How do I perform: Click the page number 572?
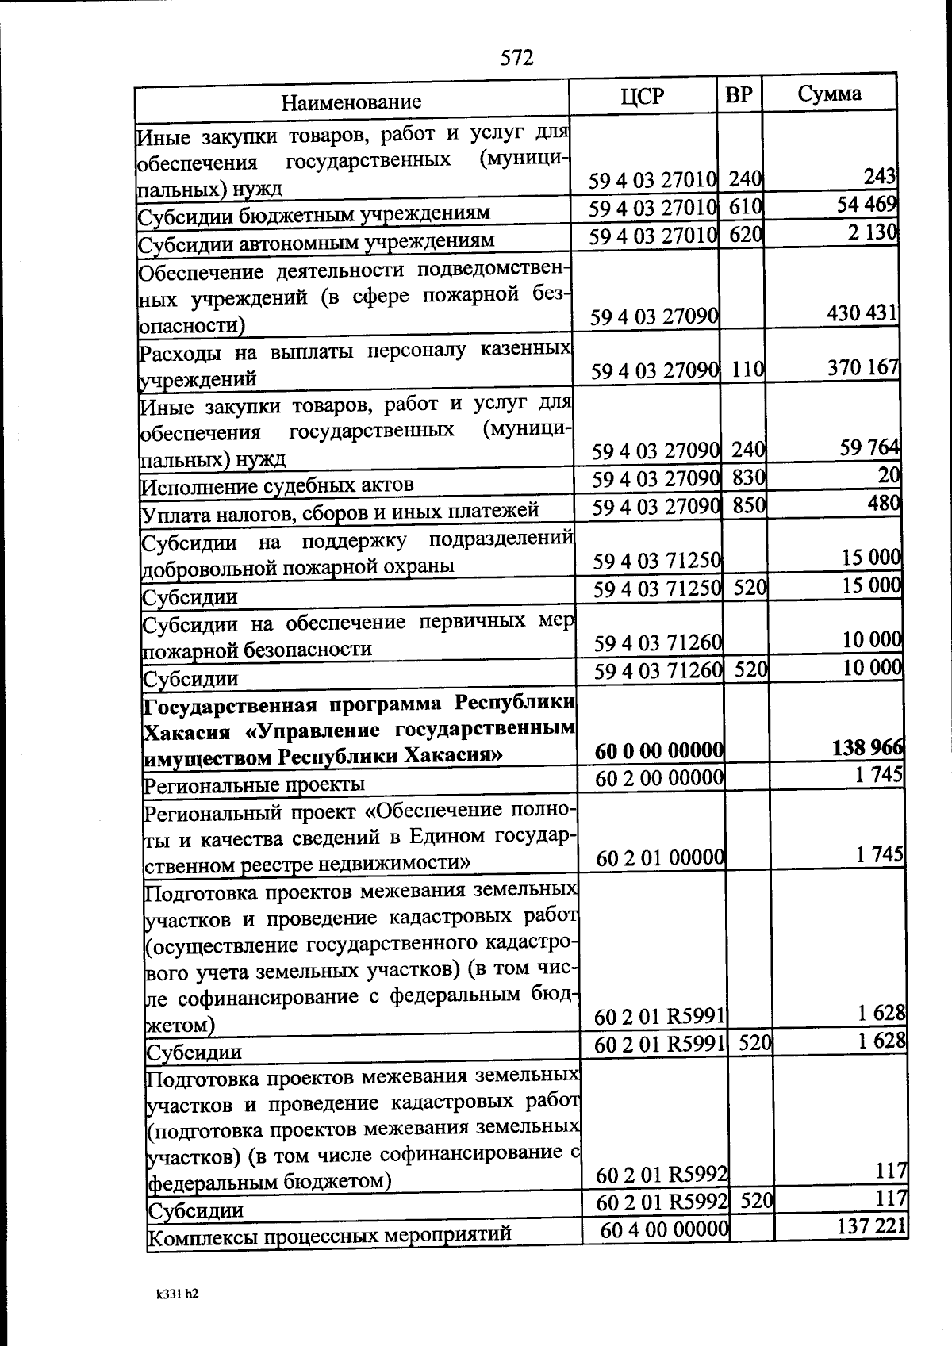pyautogui.click(x=516, y=58)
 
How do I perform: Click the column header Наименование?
pyautogui.click(x=351, y=102)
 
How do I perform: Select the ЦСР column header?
pyautogui.click(x=643, y=96)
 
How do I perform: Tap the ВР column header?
pyautogui.click(x=739, y=95)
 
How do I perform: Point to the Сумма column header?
pyautogui.click(x=829, y=94)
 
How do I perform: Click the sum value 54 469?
pyautogui.click(x=866, y=205)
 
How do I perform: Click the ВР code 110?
pyautogui.click(x=747, y=369)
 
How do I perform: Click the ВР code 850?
pyautogui.click(x=748, y=504)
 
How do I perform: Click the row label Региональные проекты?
pyautogui.click(x=254, y=785)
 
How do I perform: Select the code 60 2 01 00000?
pyautogui.click(x=660, y=857)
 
